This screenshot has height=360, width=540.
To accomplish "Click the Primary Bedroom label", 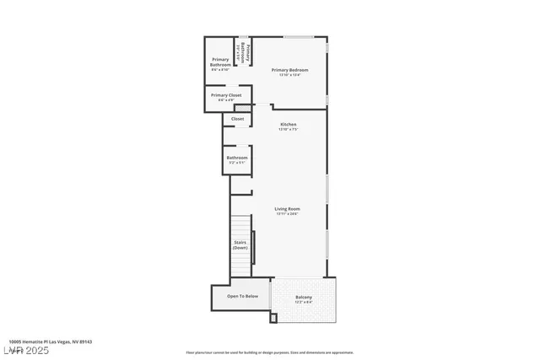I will tap(289, 69).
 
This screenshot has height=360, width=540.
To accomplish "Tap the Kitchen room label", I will tap(289, 124).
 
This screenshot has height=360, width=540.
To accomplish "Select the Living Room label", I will tap(287, 208).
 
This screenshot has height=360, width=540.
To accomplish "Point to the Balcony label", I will tap(304, 297).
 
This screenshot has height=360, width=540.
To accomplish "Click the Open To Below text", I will tap(242, 297).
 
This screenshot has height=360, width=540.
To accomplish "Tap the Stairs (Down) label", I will tap(240, 245).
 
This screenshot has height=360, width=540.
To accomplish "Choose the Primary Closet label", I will tap(226, 95).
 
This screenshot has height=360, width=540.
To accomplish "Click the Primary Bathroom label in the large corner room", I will tap(220, 62).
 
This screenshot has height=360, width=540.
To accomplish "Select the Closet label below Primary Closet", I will tap(237, 119).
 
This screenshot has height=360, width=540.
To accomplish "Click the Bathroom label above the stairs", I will tap(237, 158).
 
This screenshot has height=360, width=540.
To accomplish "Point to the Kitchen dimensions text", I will tap(289, 129).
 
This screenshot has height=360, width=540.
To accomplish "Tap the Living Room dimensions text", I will tap(287, 213).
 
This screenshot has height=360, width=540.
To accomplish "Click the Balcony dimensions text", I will tap(304, 302).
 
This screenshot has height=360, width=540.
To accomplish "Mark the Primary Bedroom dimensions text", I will tap(289, 74).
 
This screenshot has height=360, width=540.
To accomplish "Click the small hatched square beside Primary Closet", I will tap(243, 108).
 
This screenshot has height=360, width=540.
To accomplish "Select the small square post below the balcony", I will tap(273, 318).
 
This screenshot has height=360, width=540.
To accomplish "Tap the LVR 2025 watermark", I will tap(25, 350).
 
